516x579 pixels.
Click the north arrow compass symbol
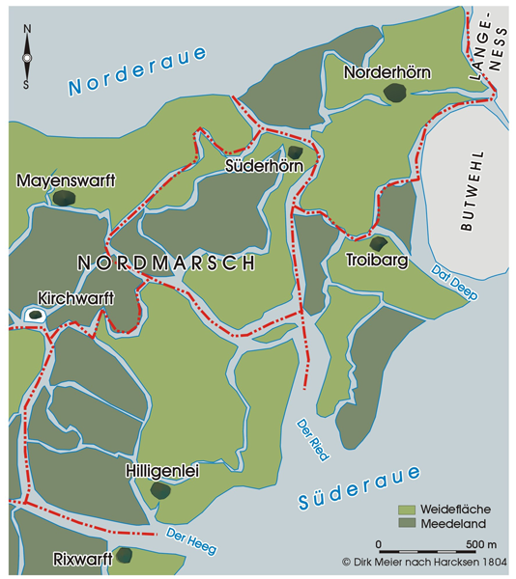tap(28, 58)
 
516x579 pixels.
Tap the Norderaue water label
tap(137, 70)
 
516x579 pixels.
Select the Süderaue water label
tap(359, 488)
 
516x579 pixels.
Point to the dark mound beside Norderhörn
tap(394, 92)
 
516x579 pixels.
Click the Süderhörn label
tap(264, 166)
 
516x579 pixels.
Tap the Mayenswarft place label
tap(65, 179)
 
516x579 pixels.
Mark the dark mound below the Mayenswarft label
tap(64, 198)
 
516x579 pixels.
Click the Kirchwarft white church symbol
tap(35, 315)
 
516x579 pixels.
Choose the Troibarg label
tap(377, 261)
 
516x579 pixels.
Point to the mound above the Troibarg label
tap(379, 243)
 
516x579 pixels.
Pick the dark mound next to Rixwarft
tap(124, 555)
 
